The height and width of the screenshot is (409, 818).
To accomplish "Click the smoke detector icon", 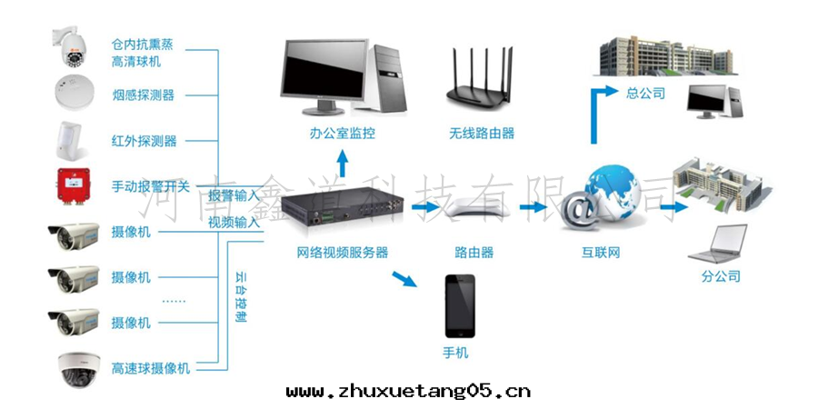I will click(75, 93).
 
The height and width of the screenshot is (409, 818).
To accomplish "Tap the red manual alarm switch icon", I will click(75, 184).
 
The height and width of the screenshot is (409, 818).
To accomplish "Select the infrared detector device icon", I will click(75, 139).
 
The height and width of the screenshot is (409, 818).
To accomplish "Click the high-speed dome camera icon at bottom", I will click(75, 368).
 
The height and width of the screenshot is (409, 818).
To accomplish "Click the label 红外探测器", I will click(144, 141).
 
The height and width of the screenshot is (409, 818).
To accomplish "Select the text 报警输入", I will click(234, 195).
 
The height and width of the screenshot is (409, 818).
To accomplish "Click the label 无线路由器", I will click(482, 133).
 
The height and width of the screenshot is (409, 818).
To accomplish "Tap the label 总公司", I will click(646, 93).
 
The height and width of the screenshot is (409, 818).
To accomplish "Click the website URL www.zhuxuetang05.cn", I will click(408, 391).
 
